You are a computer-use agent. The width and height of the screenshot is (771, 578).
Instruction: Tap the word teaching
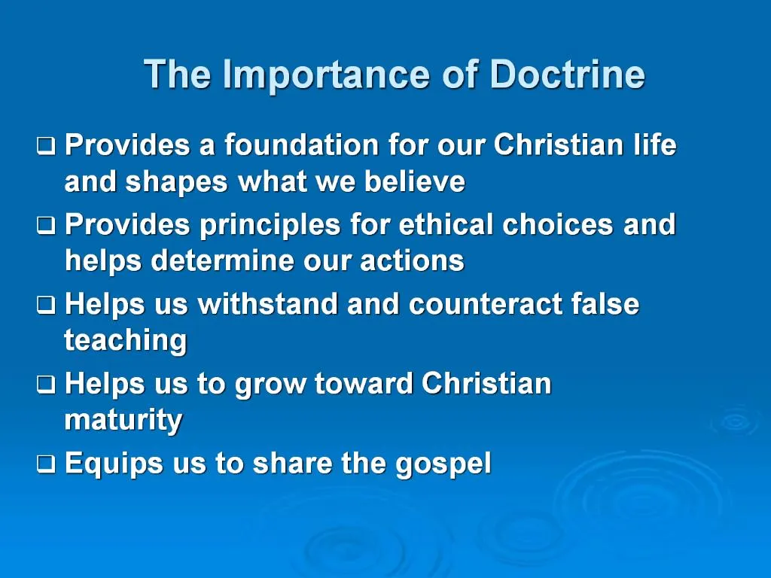click(x=126, y=342)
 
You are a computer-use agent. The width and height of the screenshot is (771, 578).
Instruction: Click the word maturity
click(x=123, y=421)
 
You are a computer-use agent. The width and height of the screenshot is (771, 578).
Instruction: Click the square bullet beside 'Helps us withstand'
click(x=46, y=306)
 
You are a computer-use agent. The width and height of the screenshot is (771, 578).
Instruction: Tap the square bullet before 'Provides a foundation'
click(x=46, y=145)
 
